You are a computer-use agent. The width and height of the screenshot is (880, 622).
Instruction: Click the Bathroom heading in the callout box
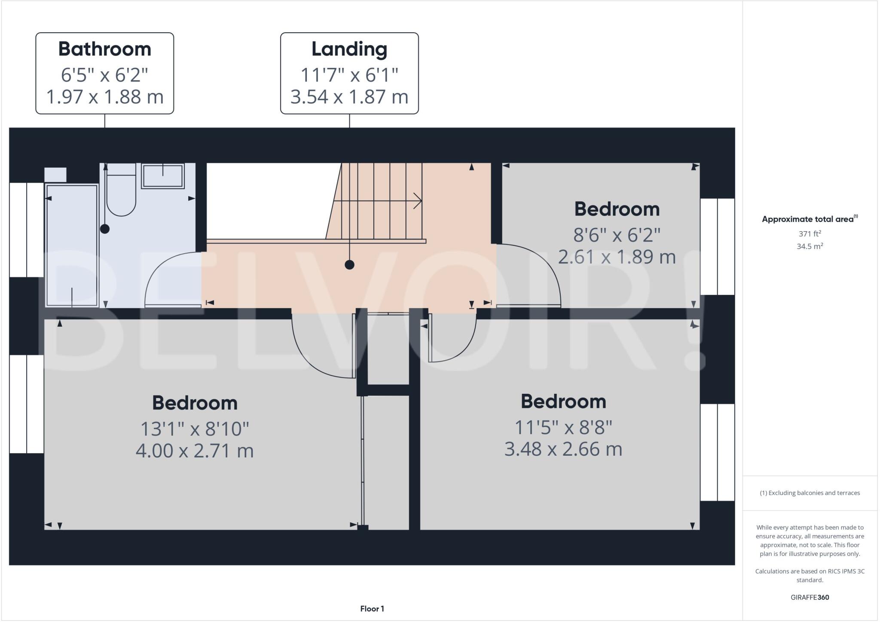[x=104, y=49]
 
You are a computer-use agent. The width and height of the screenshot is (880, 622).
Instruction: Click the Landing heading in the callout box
[x=349, y=49]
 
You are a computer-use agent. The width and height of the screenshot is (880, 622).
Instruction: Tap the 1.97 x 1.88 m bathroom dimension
[x=104, y=97]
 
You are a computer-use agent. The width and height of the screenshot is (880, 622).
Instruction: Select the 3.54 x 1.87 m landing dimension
[x=349, y=97]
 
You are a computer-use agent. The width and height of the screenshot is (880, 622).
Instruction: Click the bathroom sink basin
[x=163, y=176]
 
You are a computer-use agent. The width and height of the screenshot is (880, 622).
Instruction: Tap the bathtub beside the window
[x=72, y=245]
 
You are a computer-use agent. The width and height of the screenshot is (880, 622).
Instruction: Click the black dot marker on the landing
[x=349, y=265]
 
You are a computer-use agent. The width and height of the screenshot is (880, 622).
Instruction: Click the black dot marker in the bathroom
[x=105, y=229]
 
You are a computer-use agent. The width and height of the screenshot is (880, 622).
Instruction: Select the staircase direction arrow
[x=416, y=201]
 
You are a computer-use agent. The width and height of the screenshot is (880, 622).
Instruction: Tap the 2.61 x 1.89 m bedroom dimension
[x=617, y=257]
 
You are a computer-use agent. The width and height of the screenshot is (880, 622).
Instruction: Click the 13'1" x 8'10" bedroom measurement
[x=195, y=429]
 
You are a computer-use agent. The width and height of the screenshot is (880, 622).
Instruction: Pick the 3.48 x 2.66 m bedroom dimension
[x=563, y=449]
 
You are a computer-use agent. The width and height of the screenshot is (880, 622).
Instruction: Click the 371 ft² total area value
[x=810, y=234]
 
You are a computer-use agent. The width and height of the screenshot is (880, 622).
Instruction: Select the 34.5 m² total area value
[x=810, y=246]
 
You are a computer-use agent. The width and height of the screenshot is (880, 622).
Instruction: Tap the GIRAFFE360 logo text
[x=810, y=597]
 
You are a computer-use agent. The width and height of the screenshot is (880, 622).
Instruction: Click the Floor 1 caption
[x=372, y=609]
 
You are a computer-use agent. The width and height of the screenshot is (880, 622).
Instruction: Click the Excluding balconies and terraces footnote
[x=810, y=493]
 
